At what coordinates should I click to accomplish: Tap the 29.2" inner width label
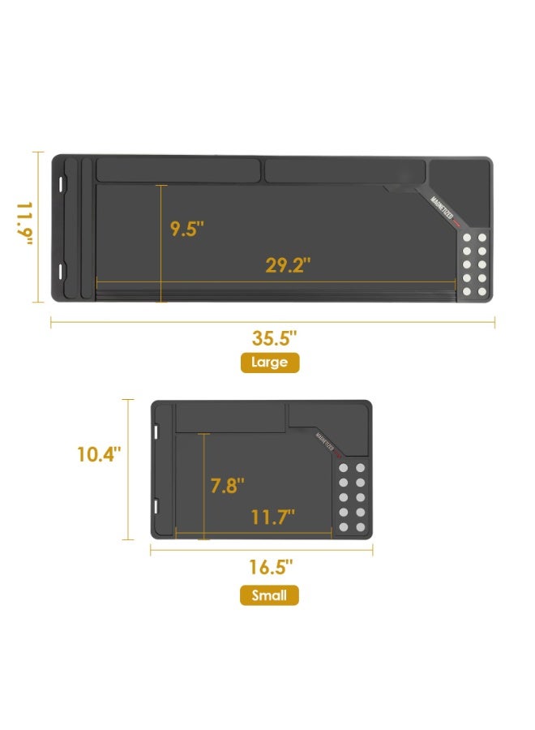click(288, 265)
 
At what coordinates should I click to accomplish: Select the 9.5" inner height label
click(186, 228)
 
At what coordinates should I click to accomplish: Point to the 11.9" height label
click(25, 226)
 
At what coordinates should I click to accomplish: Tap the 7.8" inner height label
click(227, 486)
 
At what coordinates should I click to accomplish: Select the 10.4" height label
click(99, 454)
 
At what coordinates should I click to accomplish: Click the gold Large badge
click(269, 363)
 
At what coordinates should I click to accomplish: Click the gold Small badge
click(269, 596)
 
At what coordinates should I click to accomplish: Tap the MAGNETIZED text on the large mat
click(443, 207)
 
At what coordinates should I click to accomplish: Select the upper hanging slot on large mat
click(62, 183)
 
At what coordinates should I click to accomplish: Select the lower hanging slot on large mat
click(62, 269)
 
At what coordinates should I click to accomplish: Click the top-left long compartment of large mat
click(178, 170)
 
